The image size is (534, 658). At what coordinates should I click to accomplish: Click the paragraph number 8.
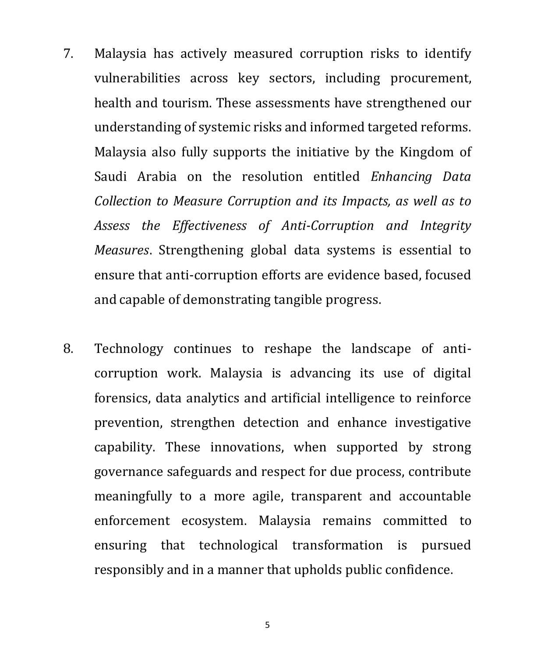coord(68,348)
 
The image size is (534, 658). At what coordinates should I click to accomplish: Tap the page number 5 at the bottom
coord(267,625)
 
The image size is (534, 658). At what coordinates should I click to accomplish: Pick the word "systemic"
coord(225,127)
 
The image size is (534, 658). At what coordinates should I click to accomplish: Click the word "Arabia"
coord(157,176)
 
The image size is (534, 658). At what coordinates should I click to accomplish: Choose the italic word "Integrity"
coord(445,225)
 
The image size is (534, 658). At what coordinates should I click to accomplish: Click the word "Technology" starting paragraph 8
coord(129,348)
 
